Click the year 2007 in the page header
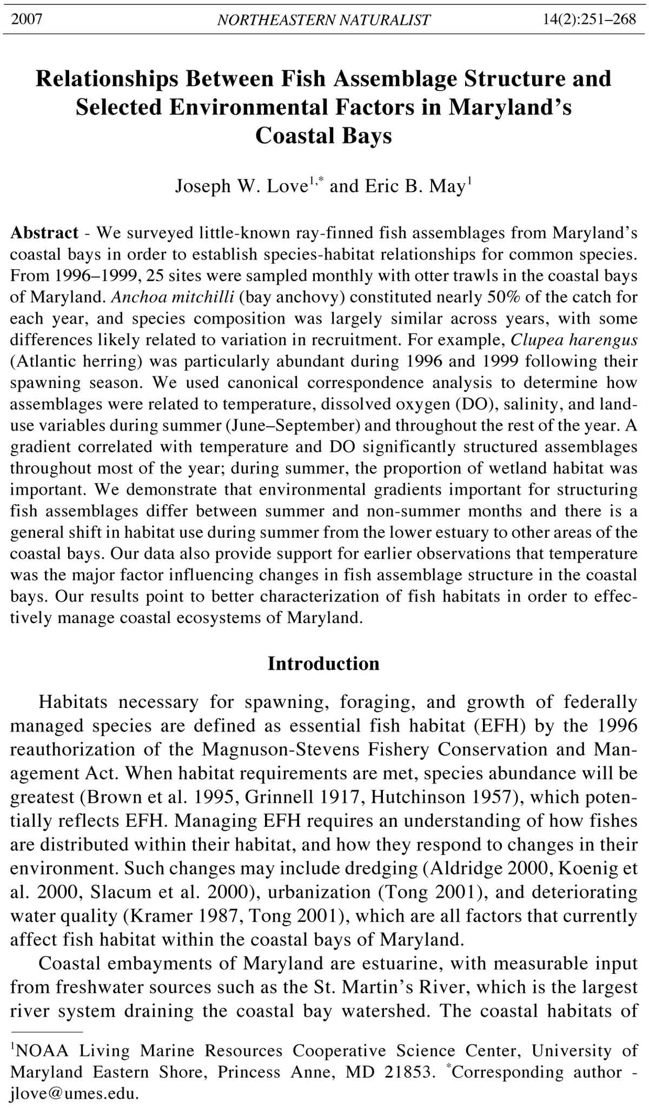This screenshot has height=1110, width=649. tap(27, 19)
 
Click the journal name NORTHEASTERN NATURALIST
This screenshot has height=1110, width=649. tap(323, 20)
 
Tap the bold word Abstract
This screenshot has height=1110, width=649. tap(45, 233)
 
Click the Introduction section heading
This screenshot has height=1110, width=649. tap(323, 664)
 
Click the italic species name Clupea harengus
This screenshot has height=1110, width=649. tap(574, 340)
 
